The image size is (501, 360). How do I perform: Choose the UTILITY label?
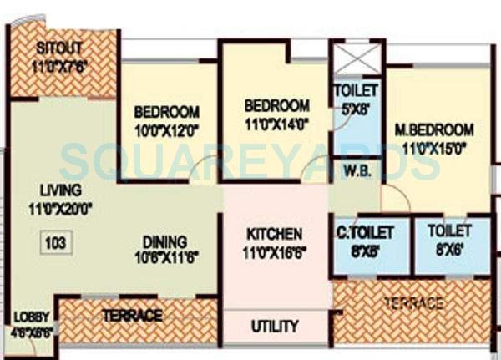pyautogui.click(x=275, y=326)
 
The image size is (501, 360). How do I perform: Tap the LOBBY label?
pyautogui.click(x=32, y=317)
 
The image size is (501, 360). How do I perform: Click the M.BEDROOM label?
pyautogui.click(x=434, y=129)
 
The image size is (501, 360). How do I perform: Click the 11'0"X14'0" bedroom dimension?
pyautogui.click(x=276, y=122)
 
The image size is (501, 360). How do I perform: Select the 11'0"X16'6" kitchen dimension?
pyautogui.click(x=274, y=251)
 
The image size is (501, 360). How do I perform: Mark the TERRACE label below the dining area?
pyautogui.click(x=132, y=315)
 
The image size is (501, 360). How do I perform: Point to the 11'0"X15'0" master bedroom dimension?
pyautogui.click(x=434, y=147)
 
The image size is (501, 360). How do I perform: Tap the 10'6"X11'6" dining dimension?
pyautogui.click(x=164, y=253)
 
